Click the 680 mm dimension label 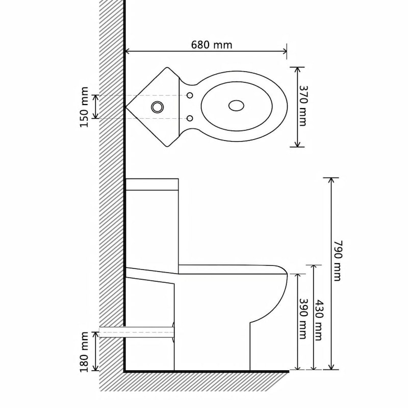tap(212, 45)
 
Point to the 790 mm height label tap(337, 260)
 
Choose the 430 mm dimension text tap(319, 319)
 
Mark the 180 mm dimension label tap(84, 352)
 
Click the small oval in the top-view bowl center tap(236, 106)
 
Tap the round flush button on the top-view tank tap(157, 107)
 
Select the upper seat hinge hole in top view tap(190, 95)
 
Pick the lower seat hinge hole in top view tap(190, 118)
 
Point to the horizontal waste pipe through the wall tap(138, 332)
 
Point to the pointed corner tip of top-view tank tap(127, 107)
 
